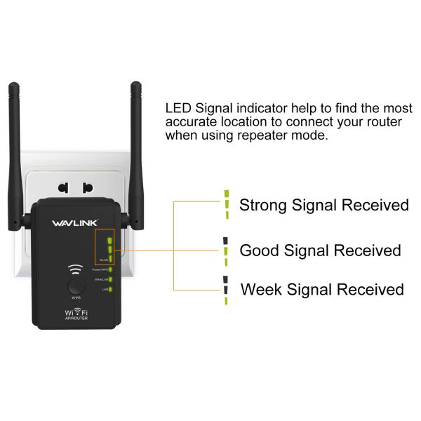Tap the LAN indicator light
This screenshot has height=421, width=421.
[110, 289]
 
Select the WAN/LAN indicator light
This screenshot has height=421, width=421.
[110, 279]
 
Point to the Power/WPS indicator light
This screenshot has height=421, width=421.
[110, 269]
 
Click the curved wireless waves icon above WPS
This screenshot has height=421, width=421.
[74, 269]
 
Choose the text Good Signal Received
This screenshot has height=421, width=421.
[320, 250]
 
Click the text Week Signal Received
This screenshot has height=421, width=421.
[322, 289]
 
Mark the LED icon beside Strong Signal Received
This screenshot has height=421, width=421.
[226, 200]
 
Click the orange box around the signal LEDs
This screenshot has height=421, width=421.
[106, 246]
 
